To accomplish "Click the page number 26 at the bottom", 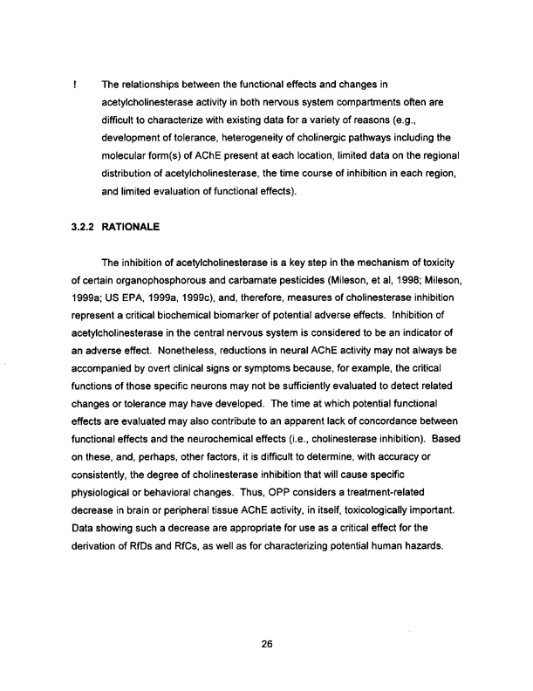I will coord(267,645).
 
